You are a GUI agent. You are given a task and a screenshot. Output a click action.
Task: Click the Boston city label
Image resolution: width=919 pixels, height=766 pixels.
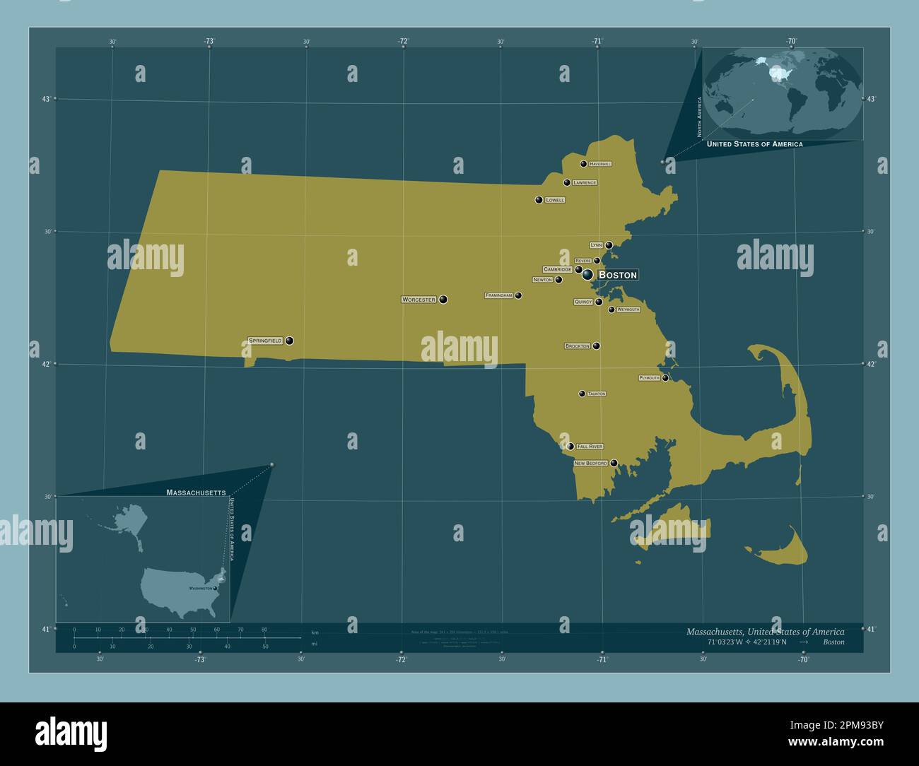click(x=618, y=275)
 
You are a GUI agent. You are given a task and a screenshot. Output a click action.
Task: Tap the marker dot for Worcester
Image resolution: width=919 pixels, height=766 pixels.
click(x=443, y=300)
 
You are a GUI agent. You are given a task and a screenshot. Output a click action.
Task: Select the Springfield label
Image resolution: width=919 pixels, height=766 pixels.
click(x=265, y=341)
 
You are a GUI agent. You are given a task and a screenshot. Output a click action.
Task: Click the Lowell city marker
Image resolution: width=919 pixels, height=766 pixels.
click(x=539, y=200)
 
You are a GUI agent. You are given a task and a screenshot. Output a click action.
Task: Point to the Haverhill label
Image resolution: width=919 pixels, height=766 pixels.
click(x=599, y=164)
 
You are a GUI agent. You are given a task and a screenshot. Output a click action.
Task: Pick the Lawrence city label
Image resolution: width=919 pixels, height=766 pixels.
click(x=585, y=182)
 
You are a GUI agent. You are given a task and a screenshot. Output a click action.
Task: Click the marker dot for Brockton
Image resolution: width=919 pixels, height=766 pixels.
click(x=597, y=346)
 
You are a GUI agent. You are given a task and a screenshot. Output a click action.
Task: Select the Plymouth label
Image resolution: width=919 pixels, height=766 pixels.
click(x=649, y=378)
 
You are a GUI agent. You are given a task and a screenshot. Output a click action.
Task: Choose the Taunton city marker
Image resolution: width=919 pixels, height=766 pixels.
click(x=582, y=394)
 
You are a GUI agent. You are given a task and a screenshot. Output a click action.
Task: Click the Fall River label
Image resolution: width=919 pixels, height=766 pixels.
click(x=590, y=447)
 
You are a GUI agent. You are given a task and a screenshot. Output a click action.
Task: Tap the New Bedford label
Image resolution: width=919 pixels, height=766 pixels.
click(x=590, y=464)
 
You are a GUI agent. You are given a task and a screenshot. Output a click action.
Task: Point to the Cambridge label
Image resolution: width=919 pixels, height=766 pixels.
click(x=557, y=269)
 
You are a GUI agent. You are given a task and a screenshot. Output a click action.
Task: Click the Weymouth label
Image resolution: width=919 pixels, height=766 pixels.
click(x=628, y=310)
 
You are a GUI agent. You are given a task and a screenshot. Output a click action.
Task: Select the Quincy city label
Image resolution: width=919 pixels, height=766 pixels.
click(x=583, y=302)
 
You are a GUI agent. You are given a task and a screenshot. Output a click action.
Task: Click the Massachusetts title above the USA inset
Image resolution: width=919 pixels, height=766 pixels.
click(x=196, y=492)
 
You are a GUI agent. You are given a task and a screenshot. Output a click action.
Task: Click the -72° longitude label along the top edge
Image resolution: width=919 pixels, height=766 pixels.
click(x=402, y=42)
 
